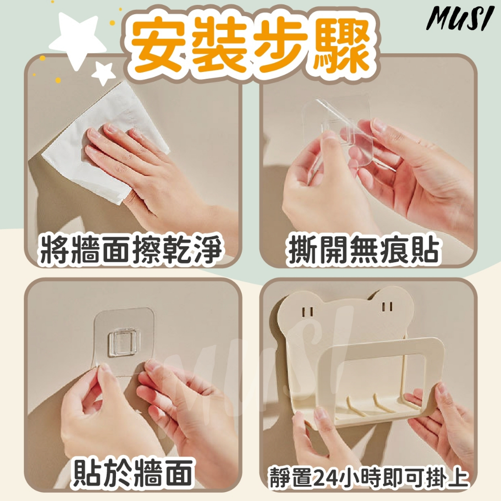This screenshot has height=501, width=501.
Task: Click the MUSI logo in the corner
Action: pyautogui.click(x=458, y=19)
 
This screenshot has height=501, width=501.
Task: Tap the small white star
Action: pyautogui.click(x=104, y=73)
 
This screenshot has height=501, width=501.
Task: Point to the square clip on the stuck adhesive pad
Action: pyautogui.click(x=124, y=343)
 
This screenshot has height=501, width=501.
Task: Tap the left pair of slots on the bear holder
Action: pyautogui.click(x=308, y=312)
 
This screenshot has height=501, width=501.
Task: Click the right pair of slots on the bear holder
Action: pyautogui.click(x=387, y=307)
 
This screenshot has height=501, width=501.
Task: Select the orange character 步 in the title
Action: pyautogui.click(x=281, y=45)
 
